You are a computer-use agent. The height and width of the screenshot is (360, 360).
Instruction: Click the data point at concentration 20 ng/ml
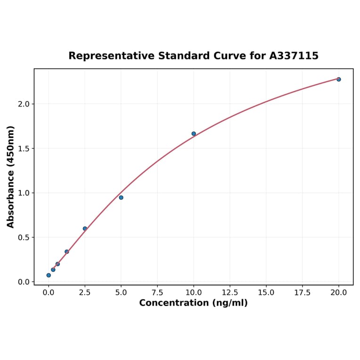coord(339,79)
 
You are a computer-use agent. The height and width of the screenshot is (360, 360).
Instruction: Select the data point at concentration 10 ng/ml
coord(194,134)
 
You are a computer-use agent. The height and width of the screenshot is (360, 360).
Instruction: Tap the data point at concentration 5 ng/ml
coord(121,197)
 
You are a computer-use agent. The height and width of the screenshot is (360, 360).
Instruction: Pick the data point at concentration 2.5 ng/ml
coord(85,229)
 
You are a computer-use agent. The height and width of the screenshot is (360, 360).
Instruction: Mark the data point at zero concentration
coord(49,275)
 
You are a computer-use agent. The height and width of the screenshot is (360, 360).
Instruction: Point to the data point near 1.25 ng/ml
coord(67,252)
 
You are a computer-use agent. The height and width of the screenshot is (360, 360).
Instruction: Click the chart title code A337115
coord(294,56)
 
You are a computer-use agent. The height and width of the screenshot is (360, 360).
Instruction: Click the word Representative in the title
coord(111,56)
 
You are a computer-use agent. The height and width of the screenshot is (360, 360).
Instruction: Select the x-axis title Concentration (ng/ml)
coord(193,303)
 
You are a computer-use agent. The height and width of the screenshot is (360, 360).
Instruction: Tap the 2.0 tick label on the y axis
coord(23,104)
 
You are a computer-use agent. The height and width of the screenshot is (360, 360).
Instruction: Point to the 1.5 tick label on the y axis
coord(23,148)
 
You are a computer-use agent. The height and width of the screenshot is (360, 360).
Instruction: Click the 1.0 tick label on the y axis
coord(23,193)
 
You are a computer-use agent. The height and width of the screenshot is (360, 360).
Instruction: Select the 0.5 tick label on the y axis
coord(23,237)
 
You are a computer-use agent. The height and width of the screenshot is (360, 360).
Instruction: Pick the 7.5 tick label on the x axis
coord(157,293)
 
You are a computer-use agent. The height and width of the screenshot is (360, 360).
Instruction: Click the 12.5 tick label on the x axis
coord(230,293)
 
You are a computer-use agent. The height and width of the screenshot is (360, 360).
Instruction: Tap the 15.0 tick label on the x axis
coord(266,293)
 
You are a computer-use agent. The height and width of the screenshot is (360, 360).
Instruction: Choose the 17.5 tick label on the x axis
coord(303,293)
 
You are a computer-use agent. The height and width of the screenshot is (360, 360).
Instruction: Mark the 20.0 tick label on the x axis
coord(339,293)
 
